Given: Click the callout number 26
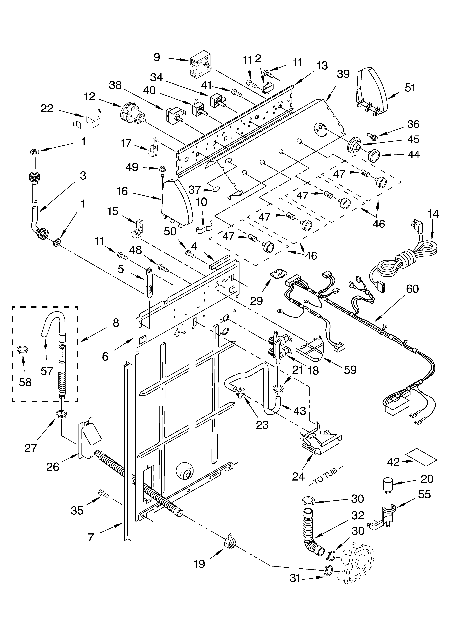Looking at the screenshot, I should pos(53,467).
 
